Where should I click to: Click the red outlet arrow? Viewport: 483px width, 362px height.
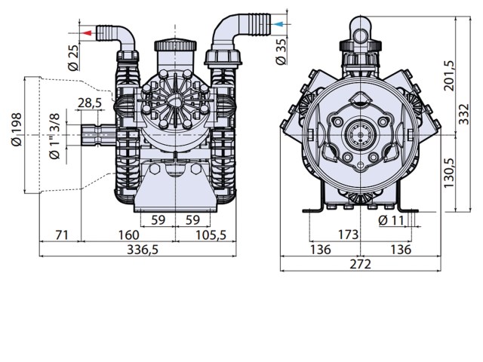(87, 33)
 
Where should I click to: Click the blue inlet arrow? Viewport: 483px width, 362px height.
(278, 24)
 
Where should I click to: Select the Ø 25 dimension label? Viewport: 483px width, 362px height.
(74, 57)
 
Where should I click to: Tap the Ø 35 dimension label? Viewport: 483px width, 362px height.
(281, 51)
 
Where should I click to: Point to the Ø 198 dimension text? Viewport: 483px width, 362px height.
(17, 129)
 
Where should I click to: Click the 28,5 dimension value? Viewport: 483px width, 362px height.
(90, 103)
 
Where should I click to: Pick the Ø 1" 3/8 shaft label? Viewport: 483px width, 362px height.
(54, 136)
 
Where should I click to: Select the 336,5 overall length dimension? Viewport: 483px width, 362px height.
(143, 250)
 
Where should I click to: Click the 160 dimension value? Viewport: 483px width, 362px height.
(129, 235)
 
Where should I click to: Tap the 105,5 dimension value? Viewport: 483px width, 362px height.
(211, 235)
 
